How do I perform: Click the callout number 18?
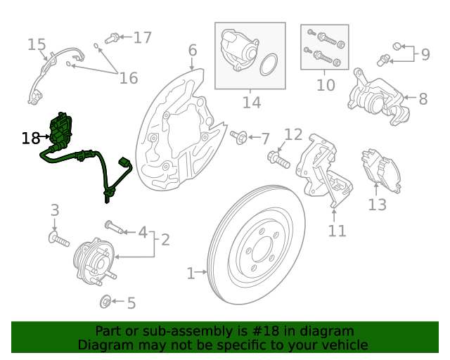pyautogui.click(x=31, y=138)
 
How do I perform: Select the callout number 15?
pyautogui.click(x=37, y=45)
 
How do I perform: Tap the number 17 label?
pyautogui.click(x=142, y=37)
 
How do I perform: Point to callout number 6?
pyautogui.click(x=192, y=50)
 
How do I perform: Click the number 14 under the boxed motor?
pyautogui.click(x=251, y=103)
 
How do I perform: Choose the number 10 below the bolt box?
pyautogui.click(x=326, y=86)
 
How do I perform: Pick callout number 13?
pyautogui.click(x=378, y=205)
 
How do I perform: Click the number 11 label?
pyautogui.click(x=337, y=230)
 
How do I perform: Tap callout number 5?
pyautogui.click(x=131, y=303)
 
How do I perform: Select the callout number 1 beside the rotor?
pyautogui.click(x=191, y=273)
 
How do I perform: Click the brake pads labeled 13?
pyautogui.click(x=380, y=172)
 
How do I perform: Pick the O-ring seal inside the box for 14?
pyautogui.click(x=268, y=66)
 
